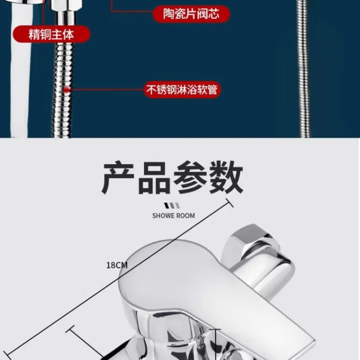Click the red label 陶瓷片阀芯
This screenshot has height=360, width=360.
pos(191,14)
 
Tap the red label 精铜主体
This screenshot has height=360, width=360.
pos(51,34)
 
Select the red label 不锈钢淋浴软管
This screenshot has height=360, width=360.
pos(181,90)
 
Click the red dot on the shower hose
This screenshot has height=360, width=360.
pos(67,90)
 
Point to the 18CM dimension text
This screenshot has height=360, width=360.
pos(117,265)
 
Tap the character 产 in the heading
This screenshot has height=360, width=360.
pos(118,178)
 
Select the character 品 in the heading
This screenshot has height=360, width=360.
pos(154,178)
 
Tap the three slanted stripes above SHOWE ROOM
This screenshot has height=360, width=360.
pos(172,205)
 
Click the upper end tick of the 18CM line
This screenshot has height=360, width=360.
pos(230,203)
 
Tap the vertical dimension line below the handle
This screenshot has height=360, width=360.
pos(216,345)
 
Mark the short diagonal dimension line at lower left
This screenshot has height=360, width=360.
pos(86,343)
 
